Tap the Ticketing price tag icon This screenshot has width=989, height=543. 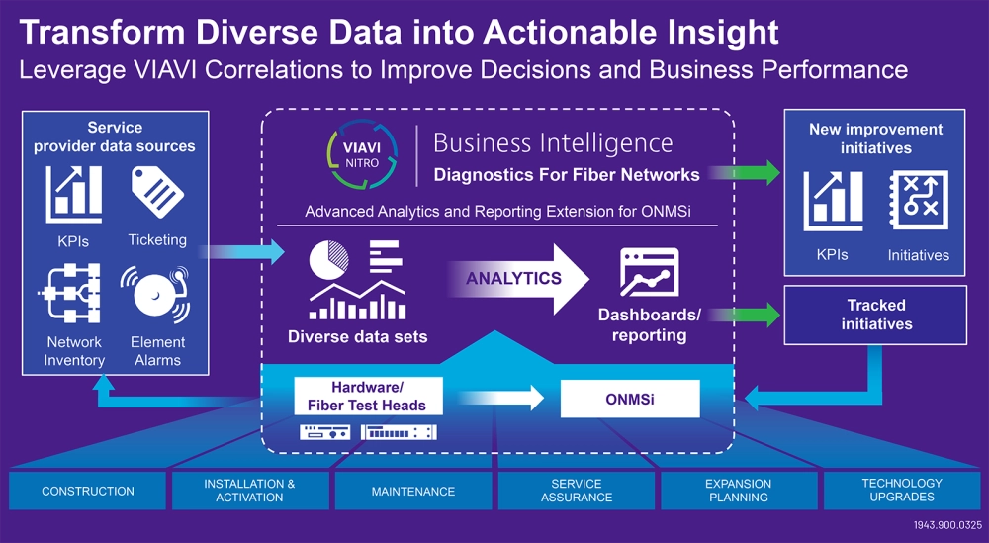tap(156, 193)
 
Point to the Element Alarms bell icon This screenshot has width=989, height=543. tap(156, 295)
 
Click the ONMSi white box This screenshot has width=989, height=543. tap(630, 399)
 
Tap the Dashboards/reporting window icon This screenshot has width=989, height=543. tap(649, 273)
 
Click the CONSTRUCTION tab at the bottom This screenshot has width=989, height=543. tap(88, 492)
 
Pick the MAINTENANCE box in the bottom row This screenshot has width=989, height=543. tap(413, 492)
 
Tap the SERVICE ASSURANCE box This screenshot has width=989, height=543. tap(576, 492)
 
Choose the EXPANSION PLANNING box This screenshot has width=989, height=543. tap(738, 492)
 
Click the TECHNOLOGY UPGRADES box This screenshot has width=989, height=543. tap(901, 492)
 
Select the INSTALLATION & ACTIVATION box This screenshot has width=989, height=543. tap(249, 492)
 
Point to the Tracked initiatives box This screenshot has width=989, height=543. tap(875, 315)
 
